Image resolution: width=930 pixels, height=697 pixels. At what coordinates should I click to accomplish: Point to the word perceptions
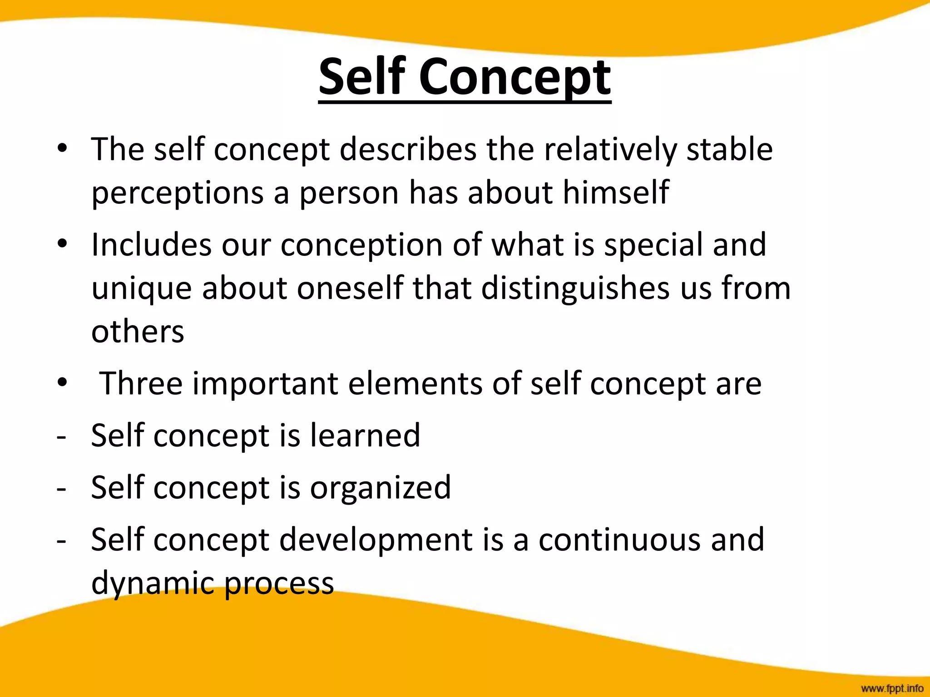click(x=178, y=193)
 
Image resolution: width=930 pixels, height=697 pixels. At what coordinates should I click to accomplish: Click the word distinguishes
click(x=575, y=289)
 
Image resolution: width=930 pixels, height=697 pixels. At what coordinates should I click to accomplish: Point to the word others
click(x=138, y=331)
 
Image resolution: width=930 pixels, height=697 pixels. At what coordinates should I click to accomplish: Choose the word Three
click(x=141, y=383)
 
